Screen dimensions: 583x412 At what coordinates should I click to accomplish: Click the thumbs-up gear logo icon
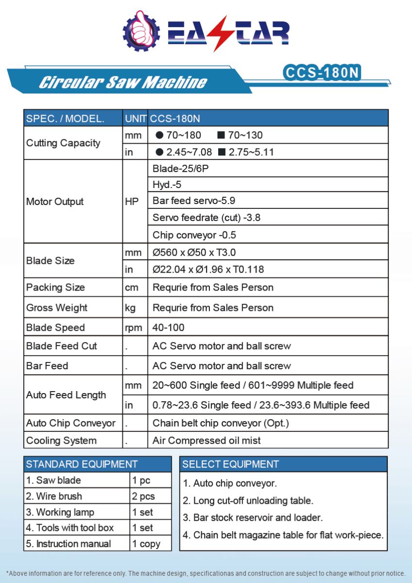click(141, 30)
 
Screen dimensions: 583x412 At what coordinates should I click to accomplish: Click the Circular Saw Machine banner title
click(122, 82)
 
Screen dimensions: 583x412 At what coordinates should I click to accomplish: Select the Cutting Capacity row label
click(63, 143)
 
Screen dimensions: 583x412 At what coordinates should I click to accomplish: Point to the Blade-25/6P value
click(174, 169)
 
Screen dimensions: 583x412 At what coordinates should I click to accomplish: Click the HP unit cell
click(132, 202)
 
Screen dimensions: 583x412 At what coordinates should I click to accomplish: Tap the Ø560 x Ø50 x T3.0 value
click(194, 253)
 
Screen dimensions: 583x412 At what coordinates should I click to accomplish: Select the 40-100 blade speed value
click(168, 327)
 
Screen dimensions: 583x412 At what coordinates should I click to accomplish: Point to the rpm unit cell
click(133, 327)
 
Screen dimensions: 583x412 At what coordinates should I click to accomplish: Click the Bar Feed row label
click(47, 365)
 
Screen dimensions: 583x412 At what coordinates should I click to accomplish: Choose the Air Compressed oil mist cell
click(206, 441)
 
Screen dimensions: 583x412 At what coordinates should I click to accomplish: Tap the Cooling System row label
click(61, 441)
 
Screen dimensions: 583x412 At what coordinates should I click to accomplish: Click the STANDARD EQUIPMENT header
click(82, 464)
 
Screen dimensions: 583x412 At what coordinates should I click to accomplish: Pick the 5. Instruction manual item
click(69, 544)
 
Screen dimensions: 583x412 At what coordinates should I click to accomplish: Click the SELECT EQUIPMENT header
click(231, 464)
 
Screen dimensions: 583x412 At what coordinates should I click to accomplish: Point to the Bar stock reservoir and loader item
click(253, 517)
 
